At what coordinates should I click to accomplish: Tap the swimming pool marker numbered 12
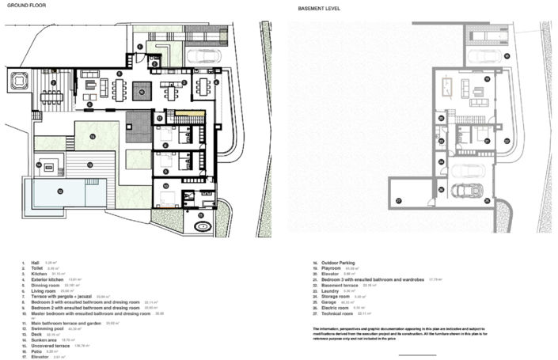[x=59, y=191]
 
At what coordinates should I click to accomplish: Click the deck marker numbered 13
[x=89, y=165]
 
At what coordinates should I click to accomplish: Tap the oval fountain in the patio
[x=203, y=226]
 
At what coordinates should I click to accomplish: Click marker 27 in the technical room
[x=400, y=201]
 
